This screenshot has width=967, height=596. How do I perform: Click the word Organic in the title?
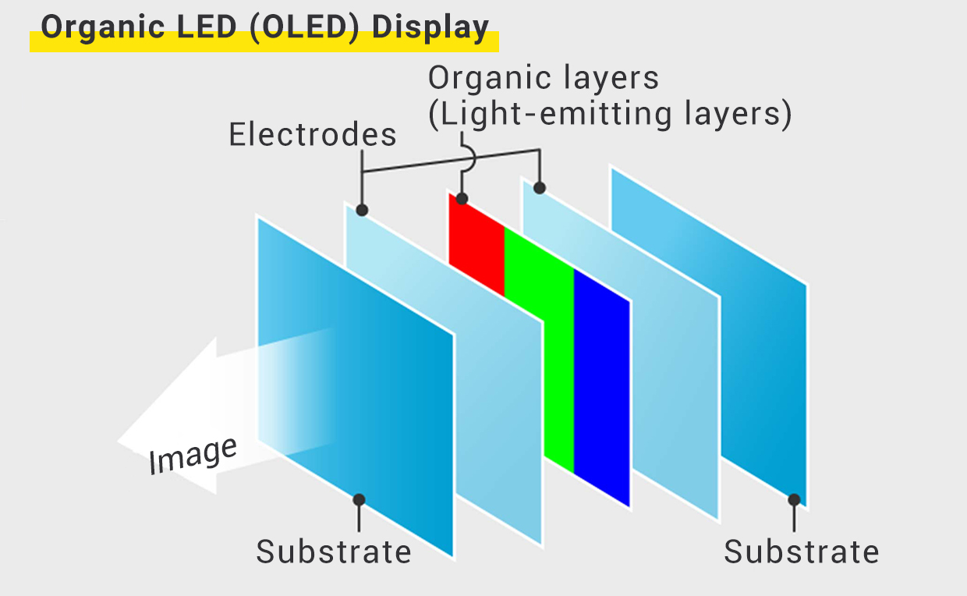click(x=103, y=27)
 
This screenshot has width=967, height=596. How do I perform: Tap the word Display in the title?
click(x=430, y=27)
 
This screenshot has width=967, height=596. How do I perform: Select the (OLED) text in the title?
click(x=305, y=27)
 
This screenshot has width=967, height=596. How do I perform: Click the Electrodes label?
click(x=313, y=134)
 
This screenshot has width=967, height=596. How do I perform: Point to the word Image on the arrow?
click(x=193, y=456)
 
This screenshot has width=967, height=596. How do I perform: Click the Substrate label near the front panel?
click(x=334, y=552)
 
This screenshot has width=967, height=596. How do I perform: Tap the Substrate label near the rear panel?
click(x=802, y=552)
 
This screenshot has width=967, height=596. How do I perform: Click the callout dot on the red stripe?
click(x=462, y=199)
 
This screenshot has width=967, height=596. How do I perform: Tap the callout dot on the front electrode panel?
click(x=362, y=211)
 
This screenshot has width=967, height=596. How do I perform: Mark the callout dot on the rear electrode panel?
click(x=540, y=188)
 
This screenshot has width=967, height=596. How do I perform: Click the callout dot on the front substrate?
click(x=359, y=500)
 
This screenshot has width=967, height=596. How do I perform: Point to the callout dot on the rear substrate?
click(x=794, y=500)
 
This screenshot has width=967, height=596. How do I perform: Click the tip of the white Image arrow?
click(x=118, y=441)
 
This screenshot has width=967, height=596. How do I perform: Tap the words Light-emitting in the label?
click(x=556, y=114)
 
